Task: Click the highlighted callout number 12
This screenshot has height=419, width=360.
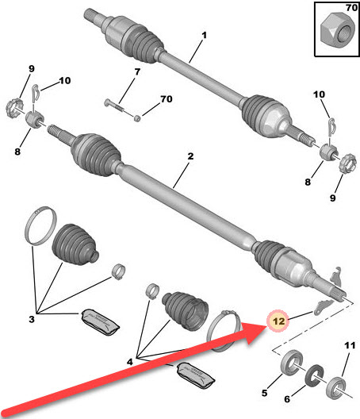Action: pos(278,321)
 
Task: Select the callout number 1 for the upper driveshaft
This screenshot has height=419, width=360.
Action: pos(204,35)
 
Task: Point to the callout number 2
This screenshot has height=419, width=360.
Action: pos(190,156)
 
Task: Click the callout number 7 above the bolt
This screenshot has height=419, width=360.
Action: pos(137,71)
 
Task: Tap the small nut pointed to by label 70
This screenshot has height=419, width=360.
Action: pos(137,117)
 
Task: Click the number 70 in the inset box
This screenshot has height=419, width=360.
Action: pos(351,7)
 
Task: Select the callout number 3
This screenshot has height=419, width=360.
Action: pos(32,319)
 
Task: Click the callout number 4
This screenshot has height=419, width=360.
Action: pos(129,362)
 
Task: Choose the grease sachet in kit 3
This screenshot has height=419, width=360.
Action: pos(100,322)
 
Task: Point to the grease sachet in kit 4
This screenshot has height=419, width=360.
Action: pos(195,375)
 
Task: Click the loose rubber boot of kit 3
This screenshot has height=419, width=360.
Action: pos(75,244)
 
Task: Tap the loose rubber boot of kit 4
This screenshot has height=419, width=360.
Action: pos(185,312)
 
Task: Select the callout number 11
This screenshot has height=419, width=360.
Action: pos(350,345)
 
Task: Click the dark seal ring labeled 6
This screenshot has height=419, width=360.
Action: pos(314,375)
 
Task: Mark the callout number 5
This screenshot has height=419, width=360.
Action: pos(264,393)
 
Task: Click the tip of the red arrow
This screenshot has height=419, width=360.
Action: pos(266,326)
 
